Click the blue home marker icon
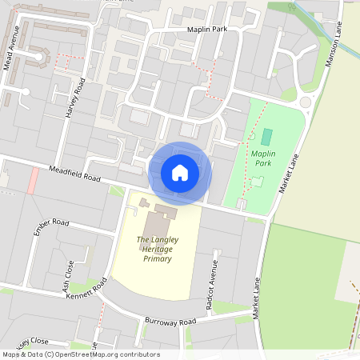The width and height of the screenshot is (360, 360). tap(180, 173)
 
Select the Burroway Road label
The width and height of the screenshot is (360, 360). tap(170, 322)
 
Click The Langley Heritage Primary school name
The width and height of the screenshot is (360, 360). tap(155, 249)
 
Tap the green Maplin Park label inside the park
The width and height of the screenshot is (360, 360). tap(262, 156)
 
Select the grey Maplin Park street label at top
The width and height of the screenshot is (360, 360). tap(208, 30)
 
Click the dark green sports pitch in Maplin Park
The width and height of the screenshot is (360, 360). tap(266, 136)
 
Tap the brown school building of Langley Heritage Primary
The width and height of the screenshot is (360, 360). tap(157, 212)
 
